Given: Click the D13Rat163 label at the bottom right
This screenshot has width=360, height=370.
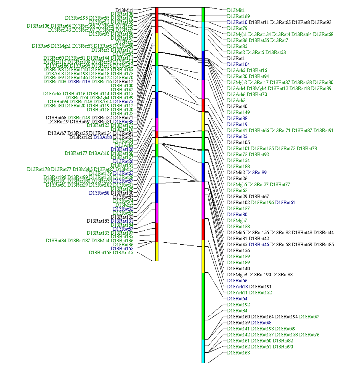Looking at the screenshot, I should [x=238, y=353].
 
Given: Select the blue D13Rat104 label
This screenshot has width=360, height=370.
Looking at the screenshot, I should [x=238, y=64].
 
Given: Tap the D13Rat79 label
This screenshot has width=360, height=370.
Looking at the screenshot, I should [x=237, y=28].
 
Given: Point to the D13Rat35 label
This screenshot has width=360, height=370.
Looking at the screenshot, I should [x=237, y=46].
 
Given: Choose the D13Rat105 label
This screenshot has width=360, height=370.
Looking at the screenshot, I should [x=238, y=143].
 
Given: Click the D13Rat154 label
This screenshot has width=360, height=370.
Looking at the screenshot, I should [x=238, y=161].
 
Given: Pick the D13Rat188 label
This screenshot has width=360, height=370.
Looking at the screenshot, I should [x=238, y=167].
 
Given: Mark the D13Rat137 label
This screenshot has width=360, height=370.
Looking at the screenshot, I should [x=238, y=209].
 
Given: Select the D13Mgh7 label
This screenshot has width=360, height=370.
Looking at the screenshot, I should [x=237, y=221].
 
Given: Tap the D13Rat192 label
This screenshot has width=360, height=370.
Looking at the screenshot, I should [x=238, y=305].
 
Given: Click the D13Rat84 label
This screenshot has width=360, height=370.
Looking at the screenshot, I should [x=237, y=311].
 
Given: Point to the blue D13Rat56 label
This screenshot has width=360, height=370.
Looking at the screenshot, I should [x=237, y=281].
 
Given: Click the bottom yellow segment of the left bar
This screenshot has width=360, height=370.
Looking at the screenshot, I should [x=157, y=251].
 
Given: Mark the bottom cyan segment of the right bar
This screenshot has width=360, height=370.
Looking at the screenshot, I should [x=203, y=351].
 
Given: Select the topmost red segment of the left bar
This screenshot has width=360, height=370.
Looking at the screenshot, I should [x=157, y=20].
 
